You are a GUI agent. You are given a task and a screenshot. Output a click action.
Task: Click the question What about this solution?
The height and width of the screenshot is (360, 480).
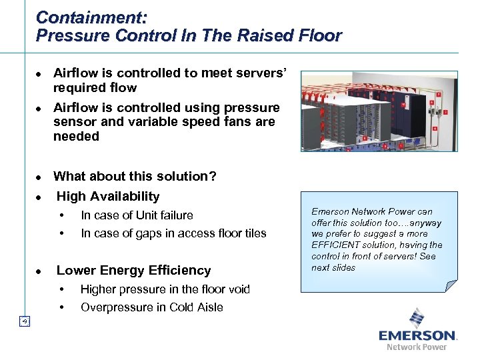(135, 176)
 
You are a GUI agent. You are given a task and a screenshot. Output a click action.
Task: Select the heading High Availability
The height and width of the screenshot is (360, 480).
(108, 196)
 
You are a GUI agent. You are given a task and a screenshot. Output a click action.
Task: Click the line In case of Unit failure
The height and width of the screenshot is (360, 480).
(137, 215)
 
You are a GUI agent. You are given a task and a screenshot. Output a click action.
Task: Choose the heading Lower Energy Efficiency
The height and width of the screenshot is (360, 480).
(133, 270)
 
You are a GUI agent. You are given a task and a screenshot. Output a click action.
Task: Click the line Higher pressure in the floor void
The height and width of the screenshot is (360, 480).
(165, 289)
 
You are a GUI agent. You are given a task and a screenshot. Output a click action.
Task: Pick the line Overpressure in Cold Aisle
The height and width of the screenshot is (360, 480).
(151, 307)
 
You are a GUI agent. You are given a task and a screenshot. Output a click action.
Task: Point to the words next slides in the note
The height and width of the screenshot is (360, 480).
(333, 268)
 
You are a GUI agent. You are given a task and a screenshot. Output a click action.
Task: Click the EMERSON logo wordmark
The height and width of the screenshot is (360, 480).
(417, 335)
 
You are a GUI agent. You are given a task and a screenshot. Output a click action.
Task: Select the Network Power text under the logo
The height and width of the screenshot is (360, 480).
(417, 347)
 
